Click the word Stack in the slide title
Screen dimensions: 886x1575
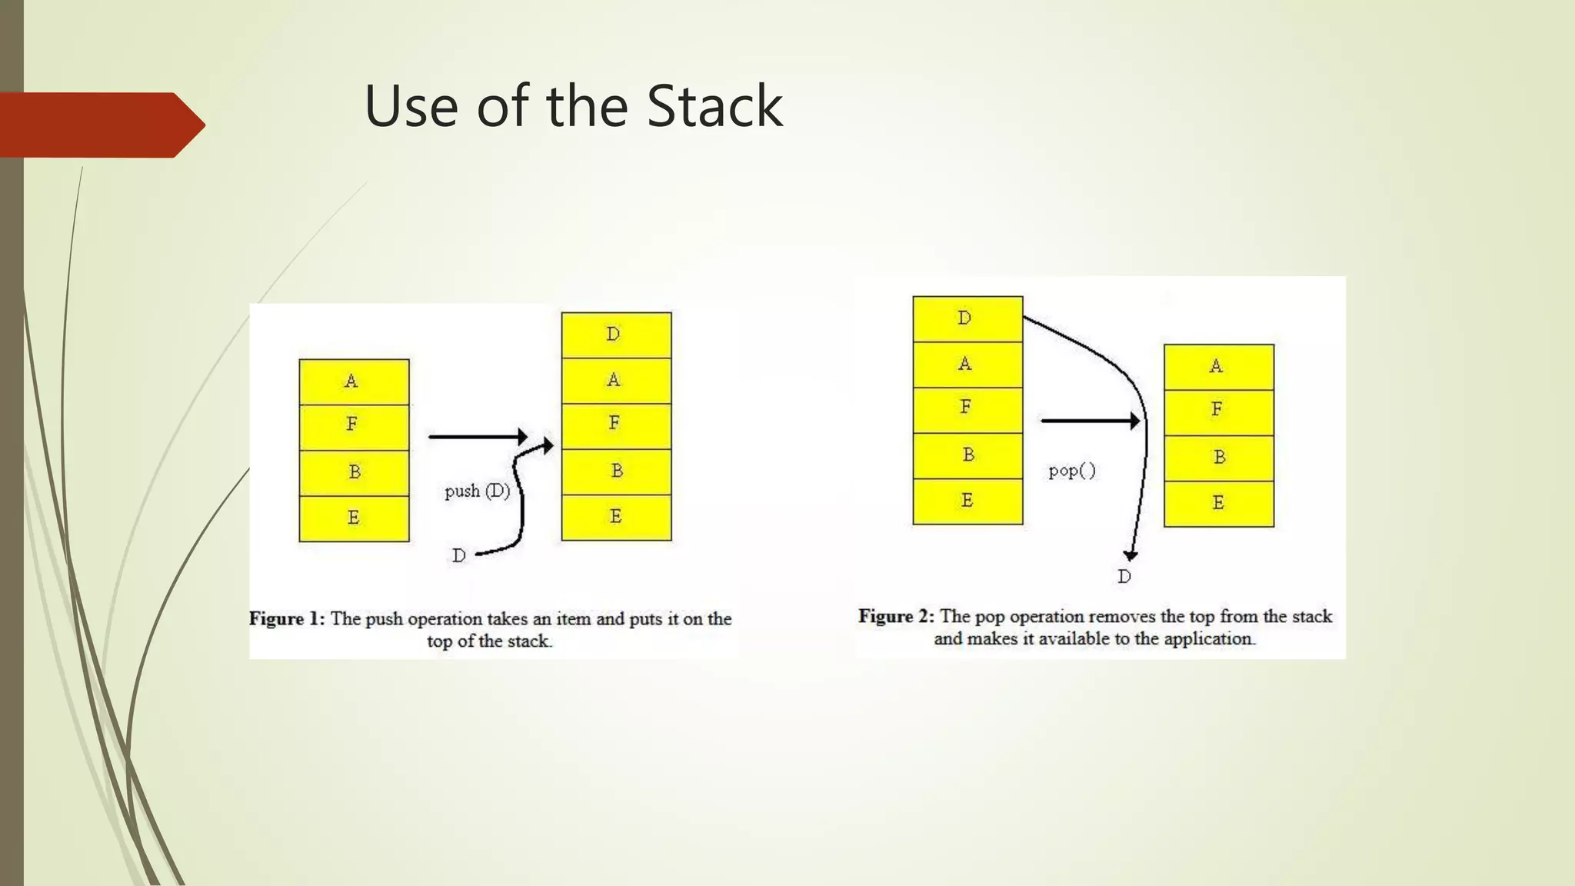(x=714, y=106)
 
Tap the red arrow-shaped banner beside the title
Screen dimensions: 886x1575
(x=100, y=125)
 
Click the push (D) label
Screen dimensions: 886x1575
(x=477, y=491)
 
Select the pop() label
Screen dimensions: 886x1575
(x=1072, y=471)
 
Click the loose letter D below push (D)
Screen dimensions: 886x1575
(x=459, y=555)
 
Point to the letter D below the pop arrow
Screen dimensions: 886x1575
(x=1124, y=577)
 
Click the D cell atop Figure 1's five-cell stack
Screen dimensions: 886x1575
(x=616, y=335)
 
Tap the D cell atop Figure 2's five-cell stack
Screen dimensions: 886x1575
(x=967, y=318)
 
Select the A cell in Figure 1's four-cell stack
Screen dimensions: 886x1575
(x=354, y=381)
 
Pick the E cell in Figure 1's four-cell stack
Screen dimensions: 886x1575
(x=354, y=518)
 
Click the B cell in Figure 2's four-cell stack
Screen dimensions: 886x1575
(x=1219, y=458)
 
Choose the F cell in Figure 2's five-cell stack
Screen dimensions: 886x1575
(x=967, y=408)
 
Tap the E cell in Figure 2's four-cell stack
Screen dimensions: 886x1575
(x=1219, y=503)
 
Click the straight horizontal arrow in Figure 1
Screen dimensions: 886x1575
(x=477, y=437)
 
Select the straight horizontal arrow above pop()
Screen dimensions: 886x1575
(x=1088, y=421)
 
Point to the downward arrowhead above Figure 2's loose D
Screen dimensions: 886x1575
(x=1130, y=555)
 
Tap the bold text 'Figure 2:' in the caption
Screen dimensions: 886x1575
(x=896, y=617)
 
